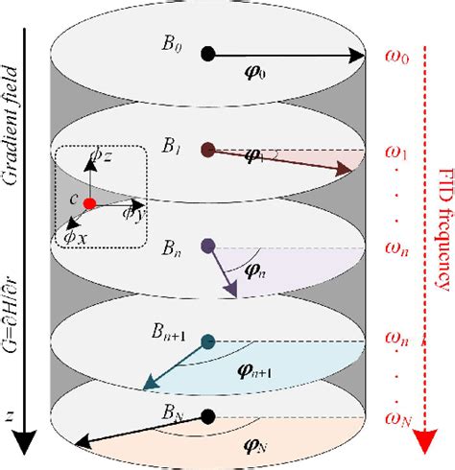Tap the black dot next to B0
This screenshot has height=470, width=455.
pyautogui.click(x=207, y=56)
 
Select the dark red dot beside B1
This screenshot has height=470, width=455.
pyautogui.click(x=207, y=150)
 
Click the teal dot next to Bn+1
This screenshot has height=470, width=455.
pyautogui.click(x=208, y=341)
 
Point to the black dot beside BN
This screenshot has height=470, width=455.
pyautogui.click(x=207, y=414)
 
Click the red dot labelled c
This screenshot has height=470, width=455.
pyautogui.click(x=88, y=203)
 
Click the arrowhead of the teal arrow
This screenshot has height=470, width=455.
pyautogui.click(x=147, y=386)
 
